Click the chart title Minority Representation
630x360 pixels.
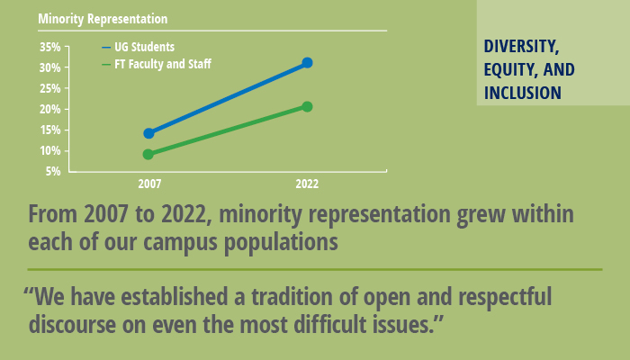(102, 19)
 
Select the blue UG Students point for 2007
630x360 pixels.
(149, 133)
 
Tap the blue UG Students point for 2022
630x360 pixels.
(307, 63)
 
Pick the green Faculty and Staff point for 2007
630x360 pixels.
(148, 154)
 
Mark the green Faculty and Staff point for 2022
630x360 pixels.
(307, 106)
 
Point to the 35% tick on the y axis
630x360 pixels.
(49, 47)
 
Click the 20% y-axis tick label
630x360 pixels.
(49, 109)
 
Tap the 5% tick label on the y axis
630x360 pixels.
(53, 171)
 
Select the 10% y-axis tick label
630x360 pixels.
(49, 150)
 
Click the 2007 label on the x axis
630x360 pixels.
(149, 184)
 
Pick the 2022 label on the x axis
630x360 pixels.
(307, 184)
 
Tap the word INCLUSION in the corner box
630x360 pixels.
(523, 93)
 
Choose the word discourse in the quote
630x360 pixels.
(72, 324)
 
